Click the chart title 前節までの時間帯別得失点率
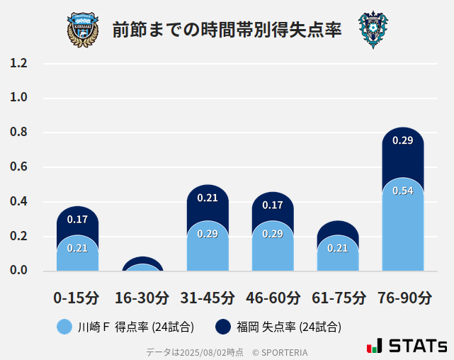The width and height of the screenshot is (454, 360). point(227,30)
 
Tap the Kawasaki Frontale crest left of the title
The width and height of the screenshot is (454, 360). point(83,30)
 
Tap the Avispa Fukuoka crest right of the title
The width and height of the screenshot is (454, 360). point(373,30)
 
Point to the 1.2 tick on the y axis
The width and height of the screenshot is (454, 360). point(18,63)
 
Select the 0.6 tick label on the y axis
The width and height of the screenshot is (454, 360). point(18,167)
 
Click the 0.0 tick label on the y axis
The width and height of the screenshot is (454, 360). point(18,270)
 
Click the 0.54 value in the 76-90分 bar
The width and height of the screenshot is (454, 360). point(403,191)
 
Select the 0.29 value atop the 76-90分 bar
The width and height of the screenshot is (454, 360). point(403,140)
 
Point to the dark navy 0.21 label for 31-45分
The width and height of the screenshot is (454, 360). point(208,198)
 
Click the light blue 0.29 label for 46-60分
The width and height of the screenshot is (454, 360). point(273,234)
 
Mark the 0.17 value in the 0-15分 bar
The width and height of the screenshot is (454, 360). point(77,220)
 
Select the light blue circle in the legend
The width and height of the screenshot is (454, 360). point(64,327)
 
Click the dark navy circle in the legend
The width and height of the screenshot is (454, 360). point(222,327)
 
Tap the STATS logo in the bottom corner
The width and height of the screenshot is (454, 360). point(407,346)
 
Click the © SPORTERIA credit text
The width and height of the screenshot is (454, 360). point(280,352)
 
